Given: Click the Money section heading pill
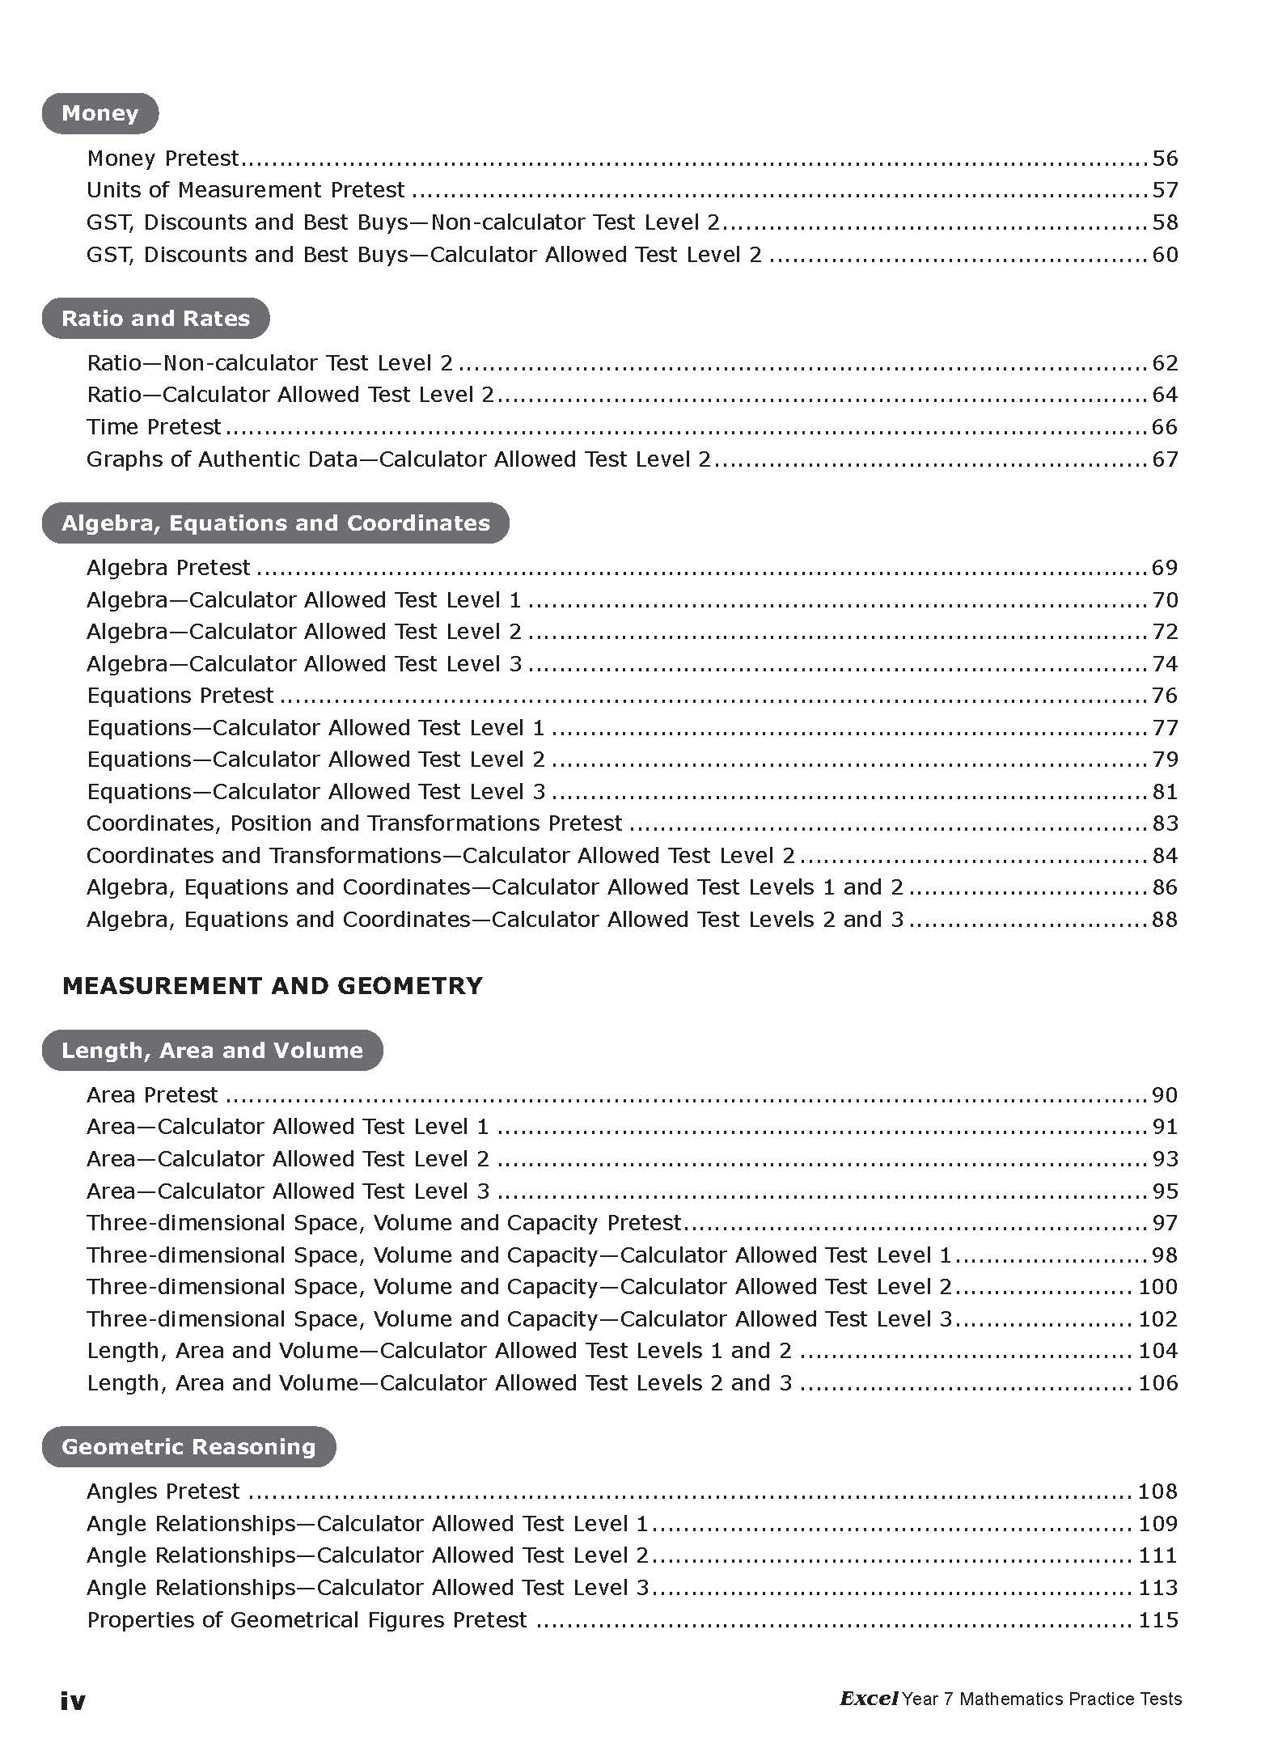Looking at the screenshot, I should tap(99, 113).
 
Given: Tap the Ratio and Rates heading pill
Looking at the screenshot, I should tap(155, 318).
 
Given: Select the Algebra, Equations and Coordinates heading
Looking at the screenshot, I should tap(275, 523).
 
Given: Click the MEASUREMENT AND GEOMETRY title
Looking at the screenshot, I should tap(272, 985).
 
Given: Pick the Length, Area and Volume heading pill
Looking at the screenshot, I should tap(212, 1050).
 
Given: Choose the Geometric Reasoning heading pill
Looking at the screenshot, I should tap(188, 1446).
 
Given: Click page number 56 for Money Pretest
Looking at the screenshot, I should tap(1165, 159).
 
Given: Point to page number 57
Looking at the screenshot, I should tap(1165, 190).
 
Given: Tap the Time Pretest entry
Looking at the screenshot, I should tap(154, 426).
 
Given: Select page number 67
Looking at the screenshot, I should tap(1165, 459).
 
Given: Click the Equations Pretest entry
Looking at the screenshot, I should tap(180, 696).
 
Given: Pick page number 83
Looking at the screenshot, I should tap(1165, 823).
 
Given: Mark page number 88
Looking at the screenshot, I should tap(1165, 920).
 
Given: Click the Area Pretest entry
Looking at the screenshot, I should tap(152, 1094).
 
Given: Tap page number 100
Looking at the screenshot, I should tap(1157, 1287).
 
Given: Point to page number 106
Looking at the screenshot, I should tap(1157, 1383).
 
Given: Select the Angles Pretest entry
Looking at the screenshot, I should tap(163, 1491).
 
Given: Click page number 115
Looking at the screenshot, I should tap(1157, 1620).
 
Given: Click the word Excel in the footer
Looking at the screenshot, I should tap(868, 1699).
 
